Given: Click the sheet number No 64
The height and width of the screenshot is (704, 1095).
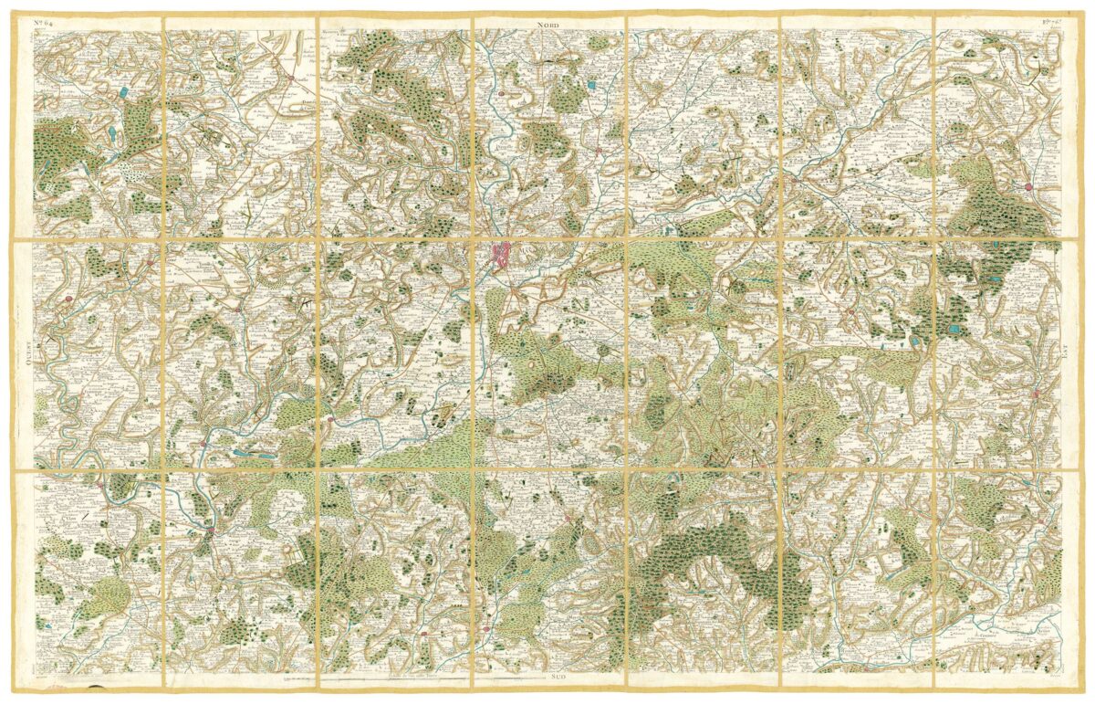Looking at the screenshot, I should [47, 23].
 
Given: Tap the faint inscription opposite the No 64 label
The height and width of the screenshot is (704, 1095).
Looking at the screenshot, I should [1046, 22].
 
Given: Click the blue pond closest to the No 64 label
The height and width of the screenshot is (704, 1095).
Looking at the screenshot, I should [121, 91].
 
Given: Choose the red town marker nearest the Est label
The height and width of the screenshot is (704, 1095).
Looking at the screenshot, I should [1037, 394].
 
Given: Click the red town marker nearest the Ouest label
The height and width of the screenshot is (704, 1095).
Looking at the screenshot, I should [68, 298].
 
